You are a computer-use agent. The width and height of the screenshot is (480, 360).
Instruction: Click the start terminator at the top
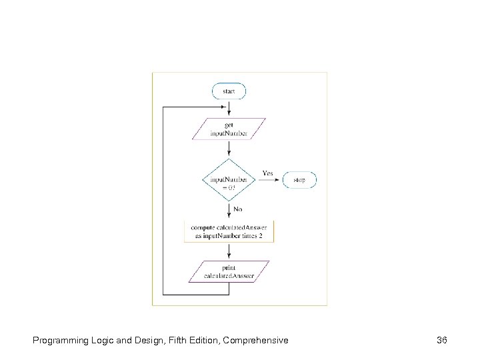click(x=229, y=91)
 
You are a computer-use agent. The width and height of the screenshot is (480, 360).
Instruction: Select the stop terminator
click(x=300, y=179)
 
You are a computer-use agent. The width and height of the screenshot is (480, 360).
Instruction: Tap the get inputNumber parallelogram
click(x=229, y=129)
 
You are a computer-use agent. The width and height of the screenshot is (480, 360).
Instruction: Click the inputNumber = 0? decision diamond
click(x=229, y=180)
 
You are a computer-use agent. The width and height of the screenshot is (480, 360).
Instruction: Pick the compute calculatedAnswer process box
click(x=229, y=231)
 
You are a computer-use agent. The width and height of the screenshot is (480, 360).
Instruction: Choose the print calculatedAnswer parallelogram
click(x=229, y=271)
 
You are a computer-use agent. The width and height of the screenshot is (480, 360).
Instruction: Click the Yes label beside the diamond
click(x=267, y=173)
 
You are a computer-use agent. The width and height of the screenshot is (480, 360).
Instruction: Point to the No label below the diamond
click(x=237, y=209)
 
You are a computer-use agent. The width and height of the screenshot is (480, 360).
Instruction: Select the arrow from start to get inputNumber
click(x=229, y=109)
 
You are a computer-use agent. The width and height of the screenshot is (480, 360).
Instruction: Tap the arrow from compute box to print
click(x=229, y=251)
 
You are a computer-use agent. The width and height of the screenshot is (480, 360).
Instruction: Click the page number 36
click(x=441, y=341)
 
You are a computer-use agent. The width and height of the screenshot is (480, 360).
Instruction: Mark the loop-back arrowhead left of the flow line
click(x=224, y=106)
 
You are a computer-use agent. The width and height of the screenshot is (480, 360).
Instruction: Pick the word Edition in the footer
click(x=201, y=341)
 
